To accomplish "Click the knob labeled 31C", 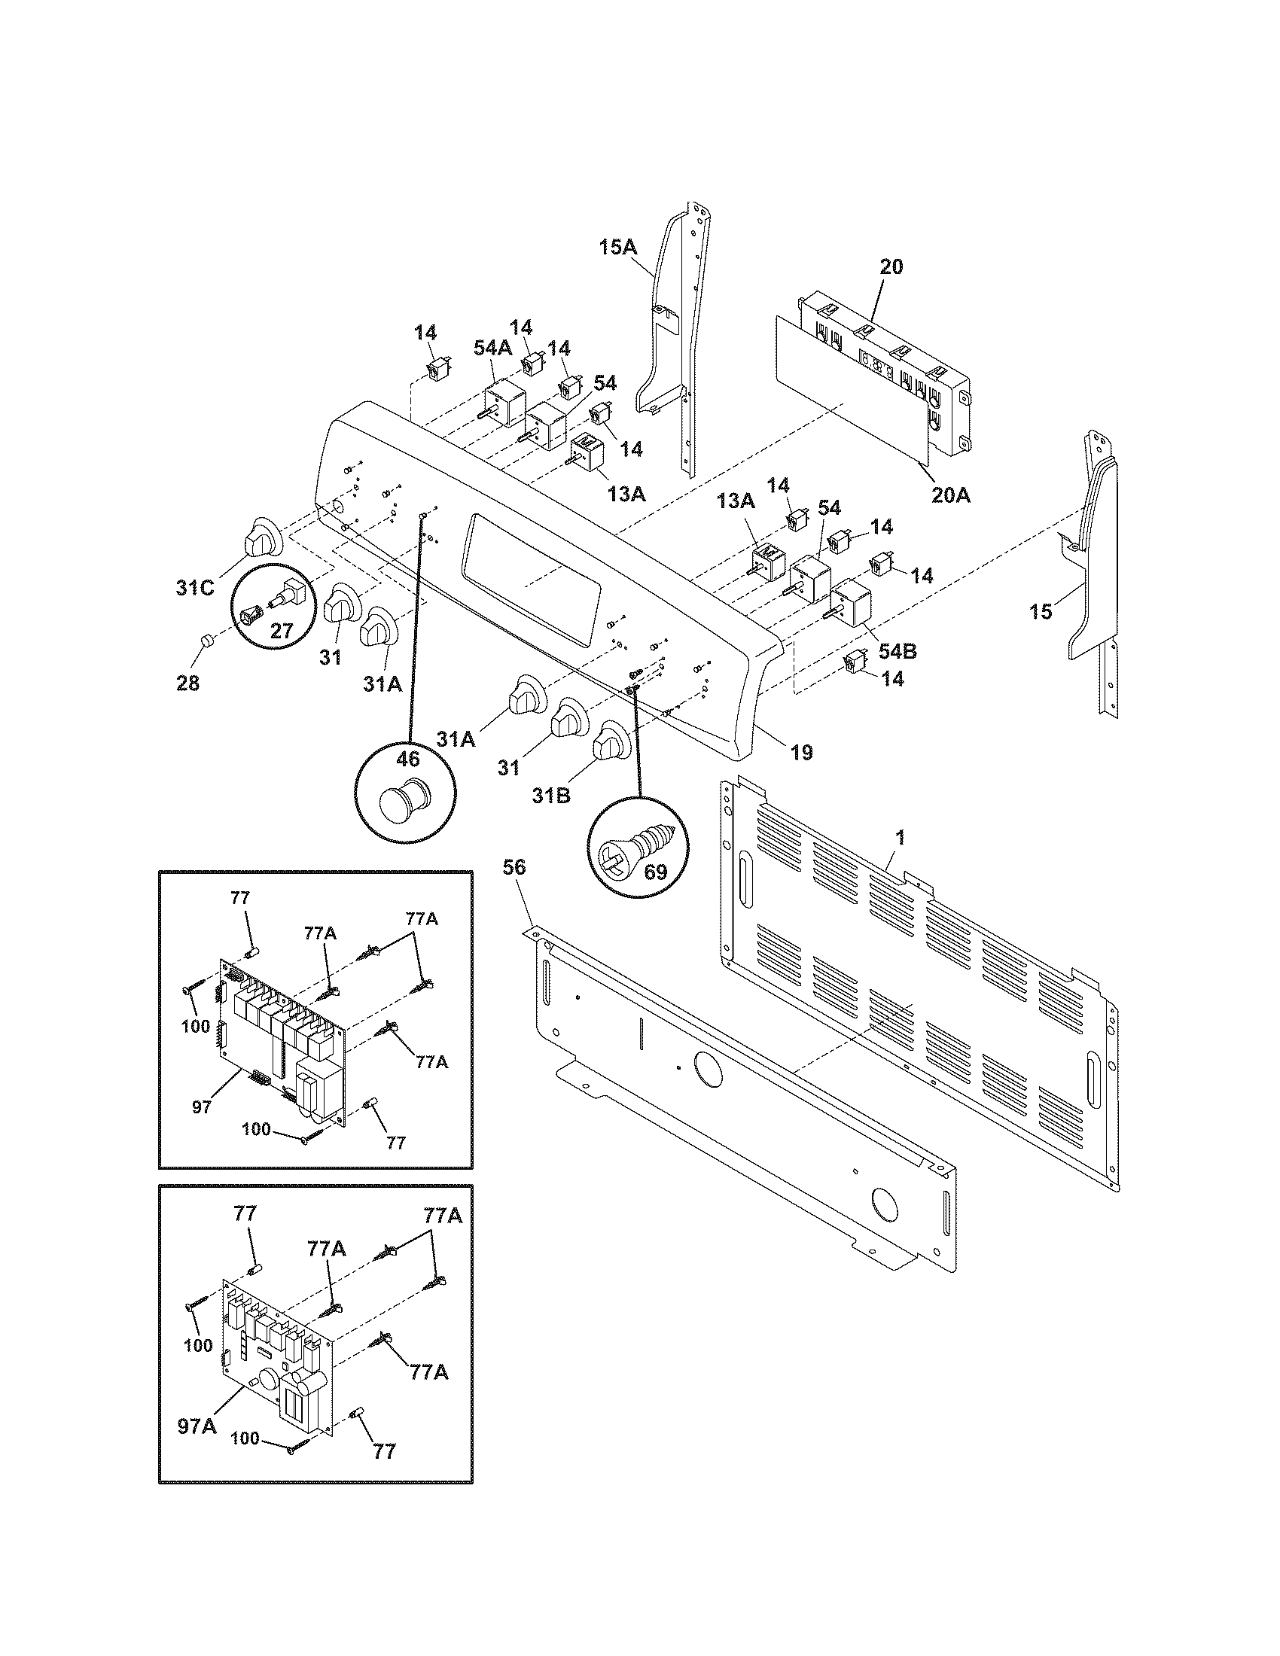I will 260,535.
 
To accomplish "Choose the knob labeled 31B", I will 610,741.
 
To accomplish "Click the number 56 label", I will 514,867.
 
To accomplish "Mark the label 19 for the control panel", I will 801,752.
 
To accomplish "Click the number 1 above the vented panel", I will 900,838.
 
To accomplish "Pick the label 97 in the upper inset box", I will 201,1107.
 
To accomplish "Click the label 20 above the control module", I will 891,267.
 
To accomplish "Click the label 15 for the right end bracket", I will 1041,611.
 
